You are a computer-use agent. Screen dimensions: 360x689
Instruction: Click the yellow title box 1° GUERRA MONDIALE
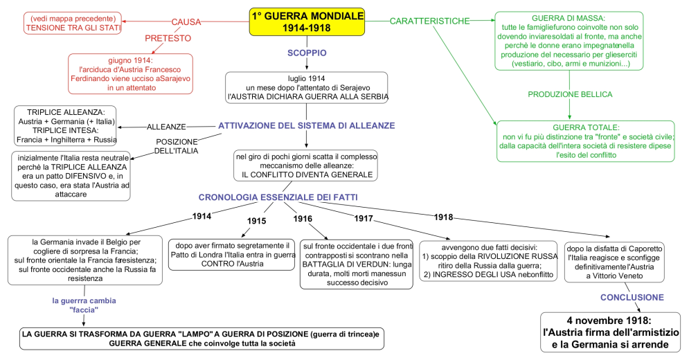pos(307,21)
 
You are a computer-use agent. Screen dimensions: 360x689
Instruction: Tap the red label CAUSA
pos(186,22)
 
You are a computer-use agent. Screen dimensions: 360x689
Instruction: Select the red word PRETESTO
pos(168,39)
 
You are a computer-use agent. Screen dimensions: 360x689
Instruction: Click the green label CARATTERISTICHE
pos(429,21)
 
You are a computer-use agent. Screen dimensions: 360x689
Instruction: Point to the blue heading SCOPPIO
pos(307,53)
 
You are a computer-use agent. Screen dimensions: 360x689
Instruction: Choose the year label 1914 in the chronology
pos(202,217)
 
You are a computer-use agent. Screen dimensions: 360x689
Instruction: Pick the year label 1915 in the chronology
pos(257,221)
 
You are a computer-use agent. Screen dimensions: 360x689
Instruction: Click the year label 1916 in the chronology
pos(303,219)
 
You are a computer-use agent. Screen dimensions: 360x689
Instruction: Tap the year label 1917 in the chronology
pos(364,219)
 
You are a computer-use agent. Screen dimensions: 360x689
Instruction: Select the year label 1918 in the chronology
pos(444,217)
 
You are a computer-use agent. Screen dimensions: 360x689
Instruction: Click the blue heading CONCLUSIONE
pos(632,297)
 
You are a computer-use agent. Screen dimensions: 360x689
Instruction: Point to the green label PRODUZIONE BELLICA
pos(570,94)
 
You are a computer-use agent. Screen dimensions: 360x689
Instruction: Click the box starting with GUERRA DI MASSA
pos(569,41)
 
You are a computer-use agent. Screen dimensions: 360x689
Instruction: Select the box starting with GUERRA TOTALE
pos(585,142)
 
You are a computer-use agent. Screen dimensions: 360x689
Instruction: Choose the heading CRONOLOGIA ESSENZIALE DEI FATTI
pos(278,198)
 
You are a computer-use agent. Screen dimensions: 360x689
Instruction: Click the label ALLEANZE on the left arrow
pos(166,127)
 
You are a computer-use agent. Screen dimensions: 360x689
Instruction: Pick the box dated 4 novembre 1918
pos(609,332)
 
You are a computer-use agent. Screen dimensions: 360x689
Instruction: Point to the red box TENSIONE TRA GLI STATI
pos(72,23)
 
